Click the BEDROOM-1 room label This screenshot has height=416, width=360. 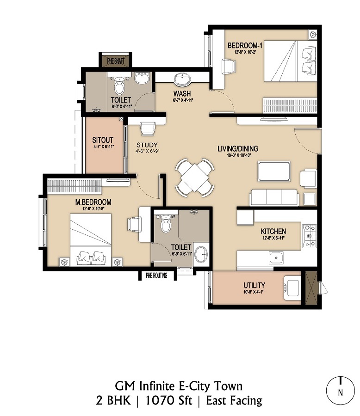pos(246,45)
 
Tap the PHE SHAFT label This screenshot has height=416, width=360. pos(116,61)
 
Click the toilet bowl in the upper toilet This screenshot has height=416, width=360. pos(120,86)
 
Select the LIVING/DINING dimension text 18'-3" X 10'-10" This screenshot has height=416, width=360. pos(237,156)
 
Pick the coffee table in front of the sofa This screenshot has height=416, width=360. pos(274,171)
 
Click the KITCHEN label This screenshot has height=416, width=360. pos(273,231)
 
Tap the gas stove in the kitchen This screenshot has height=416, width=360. pos(309,235)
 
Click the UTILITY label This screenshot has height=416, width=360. pos(254,285)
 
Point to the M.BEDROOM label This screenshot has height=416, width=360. pos(94,202)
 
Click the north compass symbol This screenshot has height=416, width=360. pos(341,391)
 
